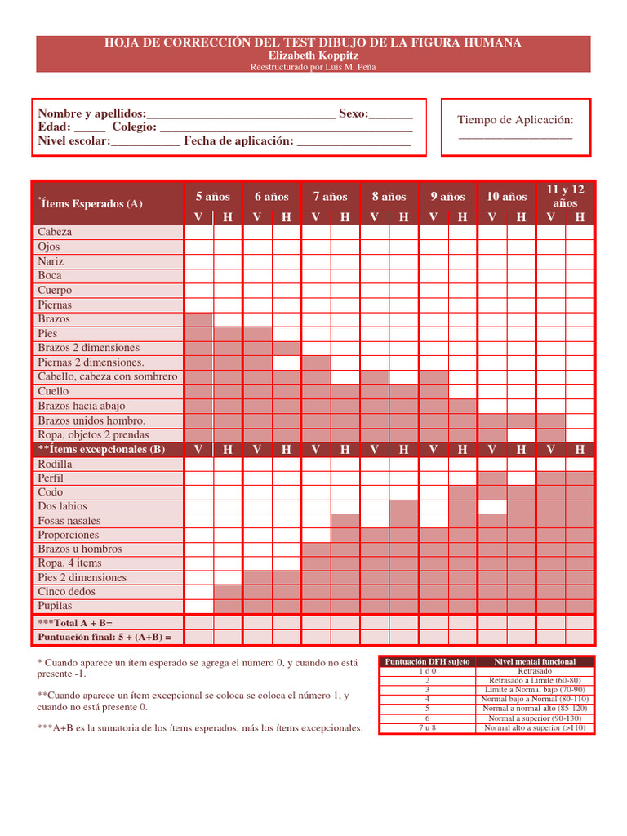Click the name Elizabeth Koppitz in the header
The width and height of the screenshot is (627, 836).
click(313, 56)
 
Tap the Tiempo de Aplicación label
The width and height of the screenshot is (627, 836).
click(515, 120)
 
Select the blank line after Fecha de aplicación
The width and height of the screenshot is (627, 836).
click(354, 142)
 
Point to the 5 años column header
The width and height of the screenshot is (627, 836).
click(213, 197)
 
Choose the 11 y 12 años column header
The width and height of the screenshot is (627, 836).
click(565, 196)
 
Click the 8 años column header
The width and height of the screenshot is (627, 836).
click(389, 197)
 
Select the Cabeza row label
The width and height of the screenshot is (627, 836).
click(55, 232)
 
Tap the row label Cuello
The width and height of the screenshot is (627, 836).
click(54, 391)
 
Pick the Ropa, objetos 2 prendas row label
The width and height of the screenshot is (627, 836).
click(93, 435)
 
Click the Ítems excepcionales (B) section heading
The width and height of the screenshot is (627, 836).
click(101, 449)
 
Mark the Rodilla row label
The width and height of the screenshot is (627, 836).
click(55, 464)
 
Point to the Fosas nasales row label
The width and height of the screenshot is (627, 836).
click(69, 521)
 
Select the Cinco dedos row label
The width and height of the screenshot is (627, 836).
click(66, 592)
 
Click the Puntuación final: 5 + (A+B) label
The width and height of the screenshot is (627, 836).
click(104, 637)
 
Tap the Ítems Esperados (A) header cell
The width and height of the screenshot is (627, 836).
click(91, 203)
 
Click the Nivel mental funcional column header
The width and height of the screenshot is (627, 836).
click(535, 661)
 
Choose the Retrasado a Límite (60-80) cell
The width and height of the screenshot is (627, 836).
click(535, 680)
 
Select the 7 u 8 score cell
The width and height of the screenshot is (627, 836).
click(427, 727)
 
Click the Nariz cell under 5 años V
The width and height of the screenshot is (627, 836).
click(199, 261)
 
